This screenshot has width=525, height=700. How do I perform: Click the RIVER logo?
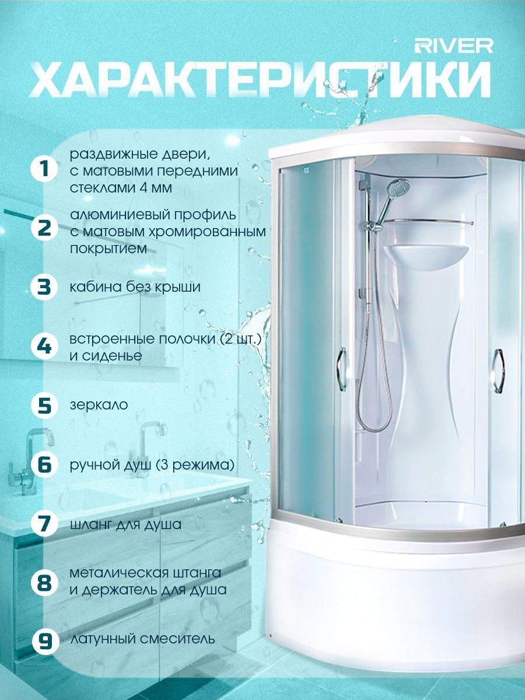coord(454,46)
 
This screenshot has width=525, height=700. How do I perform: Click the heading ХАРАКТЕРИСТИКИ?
coord(260,80)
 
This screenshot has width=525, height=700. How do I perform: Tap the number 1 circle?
coord(45,169)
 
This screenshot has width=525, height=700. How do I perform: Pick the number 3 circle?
coord(45,286)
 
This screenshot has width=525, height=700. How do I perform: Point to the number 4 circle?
coord(45,346)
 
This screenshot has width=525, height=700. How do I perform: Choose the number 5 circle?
coord(45,405)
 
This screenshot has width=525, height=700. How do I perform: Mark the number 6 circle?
coord(45,464)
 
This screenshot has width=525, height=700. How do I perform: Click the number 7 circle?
coord(45,524)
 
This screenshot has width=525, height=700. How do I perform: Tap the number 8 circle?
coord(45,582)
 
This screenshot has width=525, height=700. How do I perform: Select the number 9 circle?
coord(45,641)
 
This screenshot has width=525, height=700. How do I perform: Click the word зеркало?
coord(99,405)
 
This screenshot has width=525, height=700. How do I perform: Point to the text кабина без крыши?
coord(135,287)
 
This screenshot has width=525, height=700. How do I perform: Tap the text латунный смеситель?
coord(142,639)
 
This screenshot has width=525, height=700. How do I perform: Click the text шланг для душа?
coord(125,525)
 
